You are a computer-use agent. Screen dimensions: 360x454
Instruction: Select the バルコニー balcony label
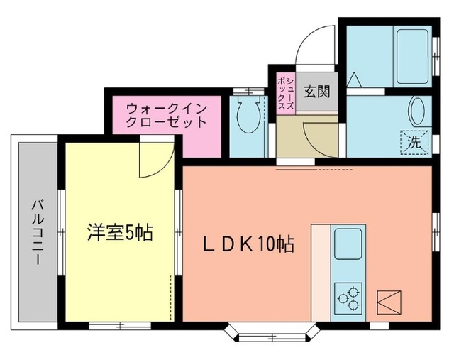tap(35, 232)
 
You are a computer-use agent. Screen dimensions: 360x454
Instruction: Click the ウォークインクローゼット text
tap(167, 115)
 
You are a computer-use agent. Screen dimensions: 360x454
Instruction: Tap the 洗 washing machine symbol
tap(416, 141)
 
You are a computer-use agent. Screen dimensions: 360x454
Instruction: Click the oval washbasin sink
tap(416, 111)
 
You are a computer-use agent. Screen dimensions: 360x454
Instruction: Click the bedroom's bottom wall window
tap(119, 325)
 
